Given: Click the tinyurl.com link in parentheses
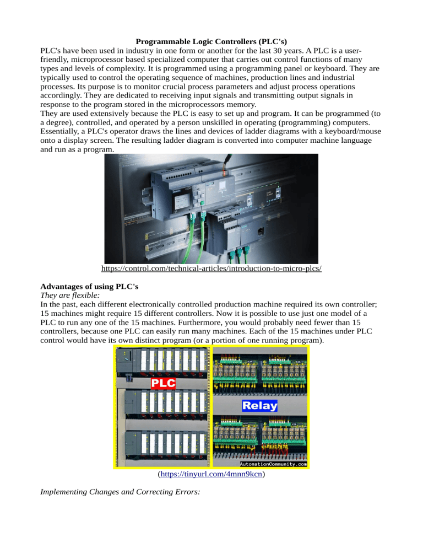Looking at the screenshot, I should (211, 474).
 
